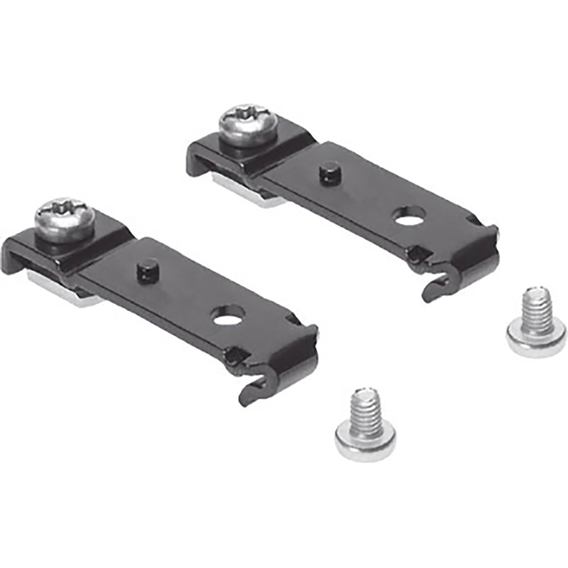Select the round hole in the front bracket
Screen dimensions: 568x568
point(229,313)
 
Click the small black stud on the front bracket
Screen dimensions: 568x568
point(148,269)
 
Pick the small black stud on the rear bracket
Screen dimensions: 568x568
point(329,173)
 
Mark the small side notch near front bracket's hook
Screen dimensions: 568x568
point(235,355)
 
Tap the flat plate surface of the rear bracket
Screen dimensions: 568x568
point(365,203)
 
